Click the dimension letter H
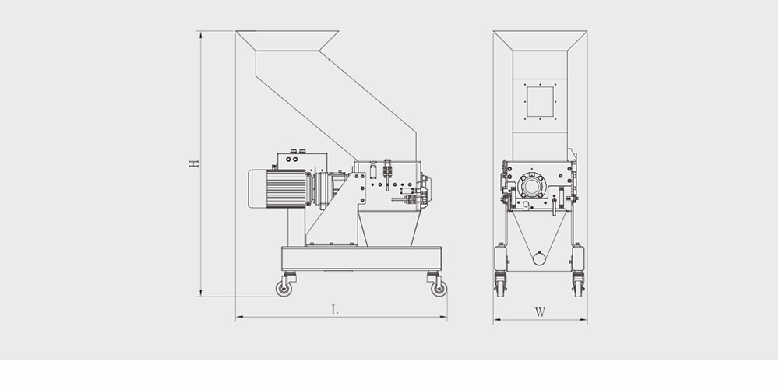194,163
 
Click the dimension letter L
335,310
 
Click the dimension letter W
540,312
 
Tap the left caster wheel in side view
284,288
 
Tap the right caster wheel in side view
439,288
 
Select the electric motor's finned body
287,188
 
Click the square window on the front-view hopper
540,101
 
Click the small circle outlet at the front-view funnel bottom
539,258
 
